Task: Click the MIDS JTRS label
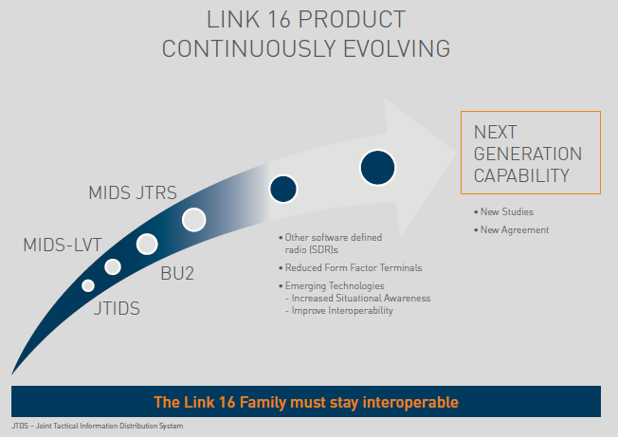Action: coord(133,192)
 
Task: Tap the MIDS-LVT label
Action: coord(63,246)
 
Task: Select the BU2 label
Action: coord(177,273)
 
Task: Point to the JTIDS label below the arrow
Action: coord(117,308)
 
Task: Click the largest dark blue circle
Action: coord(377,168)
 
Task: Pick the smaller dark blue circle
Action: coord(283,189)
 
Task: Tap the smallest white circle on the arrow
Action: coord(88,285)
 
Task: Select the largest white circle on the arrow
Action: coord(194,220)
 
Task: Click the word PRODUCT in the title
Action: coord(352,19)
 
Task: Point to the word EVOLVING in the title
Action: coord(396,49)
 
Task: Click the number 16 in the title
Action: coord(279,19)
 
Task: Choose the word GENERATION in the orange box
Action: coord(528,154)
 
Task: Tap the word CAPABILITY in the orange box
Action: coord(521,175)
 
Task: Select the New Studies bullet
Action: coord(503,212)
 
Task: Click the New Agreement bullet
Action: coord(511,230)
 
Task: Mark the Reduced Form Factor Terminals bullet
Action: coord(351,268)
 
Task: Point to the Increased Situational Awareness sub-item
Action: coord(358,299)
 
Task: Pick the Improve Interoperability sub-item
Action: coord(339,311)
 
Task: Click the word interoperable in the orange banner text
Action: coord(410,402)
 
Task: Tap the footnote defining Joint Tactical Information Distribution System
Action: coord(98,426)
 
